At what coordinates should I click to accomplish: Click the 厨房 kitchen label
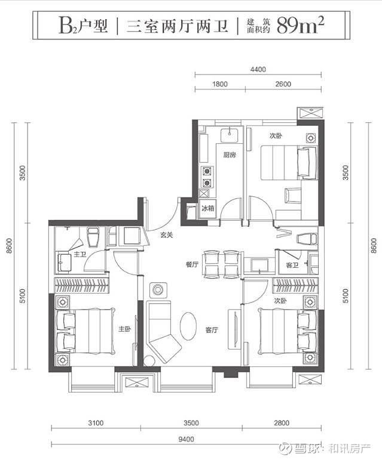229,155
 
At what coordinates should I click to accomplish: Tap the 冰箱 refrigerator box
208,209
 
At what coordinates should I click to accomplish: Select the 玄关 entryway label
167,234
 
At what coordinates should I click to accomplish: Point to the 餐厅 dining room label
192,264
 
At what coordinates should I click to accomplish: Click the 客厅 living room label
212,330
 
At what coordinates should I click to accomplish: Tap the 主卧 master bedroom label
124,329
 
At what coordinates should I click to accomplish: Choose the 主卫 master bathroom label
80,254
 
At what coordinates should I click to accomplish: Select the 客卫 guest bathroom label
292,265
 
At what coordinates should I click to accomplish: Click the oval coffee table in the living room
188,326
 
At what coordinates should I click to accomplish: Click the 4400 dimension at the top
258,70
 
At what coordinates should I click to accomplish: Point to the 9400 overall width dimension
186,439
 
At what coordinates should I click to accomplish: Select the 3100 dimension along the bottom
96,423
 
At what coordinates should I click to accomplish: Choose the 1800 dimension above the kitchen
220,84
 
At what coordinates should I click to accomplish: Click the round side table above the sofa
158,290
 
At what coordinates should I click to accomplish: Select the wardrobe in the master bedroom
82,285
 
